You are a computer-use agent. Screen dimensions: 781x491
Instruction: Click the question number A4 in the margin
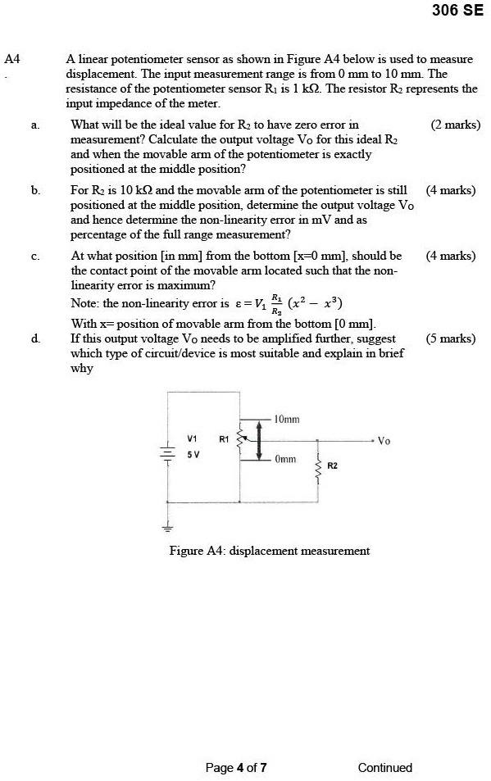click(12, 59)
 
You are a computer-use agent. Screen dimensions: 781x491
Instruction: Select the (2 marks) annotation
click(455, 125)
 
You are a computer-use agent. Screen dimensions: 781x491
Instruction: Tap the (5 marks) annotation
click(451, 338)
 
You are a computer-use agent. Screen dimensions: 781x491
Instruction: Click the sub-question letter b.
click(34, 191)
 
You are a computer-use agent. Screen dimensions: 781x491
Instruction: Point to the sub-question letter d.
click(34, 338)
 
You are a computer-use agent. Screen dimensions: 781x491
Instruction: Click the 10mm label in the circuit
click(287, 419)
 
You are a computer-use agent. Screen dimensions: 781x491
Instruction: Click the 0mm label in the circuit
click(285, 461)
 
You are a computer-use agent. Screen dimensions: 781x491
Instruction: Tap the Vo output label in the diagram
click(384, 440)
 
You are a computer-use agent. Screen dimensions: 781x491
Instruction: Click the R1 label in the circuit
click(223, 439)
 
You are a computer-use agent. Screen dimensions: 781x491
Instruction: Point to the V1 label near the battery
click(192, 438)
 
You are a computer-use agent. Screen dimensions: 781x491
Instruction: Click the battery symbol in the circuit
click(168, 453)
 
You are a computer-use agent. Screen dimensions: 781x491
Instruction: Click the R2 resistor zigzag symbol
click(318, 470)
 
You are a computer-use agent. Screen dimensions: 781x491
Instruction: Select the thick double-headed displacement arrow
click(260, 440)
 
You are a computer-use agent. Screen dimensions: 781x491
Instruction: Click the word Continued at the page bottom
click(384, 768)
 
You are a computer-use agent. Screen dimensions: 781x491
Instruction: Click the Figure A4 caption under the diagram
click(269, 551)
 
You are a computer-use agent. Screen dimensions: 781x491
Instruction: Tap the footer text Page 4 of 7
click(236, 768)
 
